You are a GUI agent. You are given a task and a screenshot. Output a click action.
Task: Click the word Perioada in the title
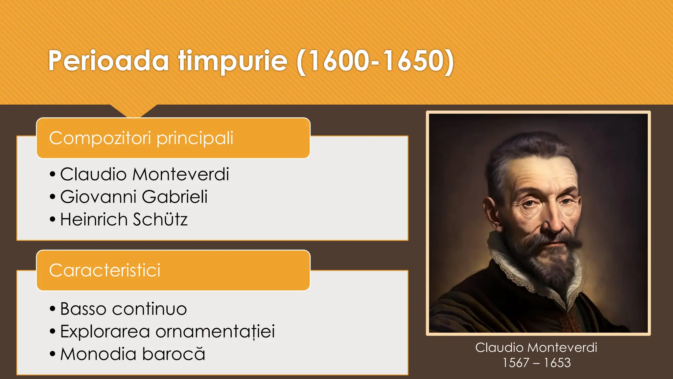[x=108, y=61]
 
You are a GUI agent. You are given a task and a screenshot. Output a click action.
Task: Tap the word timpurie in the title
[x=233, y=61]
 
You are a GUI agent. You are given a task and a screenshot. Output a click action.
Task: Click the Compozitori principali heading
[x=141, y=138]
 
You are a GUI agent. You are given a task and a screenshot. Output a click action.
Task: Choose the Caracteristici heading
[x=105, y=270]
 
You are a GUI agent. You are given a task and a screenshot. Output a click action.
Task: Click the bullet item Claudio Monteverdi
[x=145, y=174]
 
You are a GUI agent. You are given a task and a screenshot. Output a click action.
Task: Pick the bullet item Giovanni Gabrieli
[x=134, y=197]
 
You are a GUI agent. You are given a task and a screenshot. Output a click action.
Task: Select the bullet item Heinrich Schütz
[x=124, y=219]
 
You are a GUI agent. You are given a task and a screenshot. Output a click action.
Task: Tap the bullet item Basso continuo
[x=124, y=309]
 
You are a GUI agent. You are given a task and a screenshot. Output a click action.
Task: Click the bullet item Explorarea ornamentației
[x=168, y=331]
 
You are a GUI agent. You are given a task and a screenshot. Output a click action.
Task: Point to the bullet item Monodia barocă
[x=133, y=354]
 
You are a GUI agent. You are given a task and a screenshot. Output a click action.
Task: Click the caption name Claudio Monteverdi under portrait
[x=536, y=347]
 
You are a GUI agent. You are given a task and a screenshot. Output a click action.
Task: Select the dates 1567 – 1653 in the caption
[x=537, y=363]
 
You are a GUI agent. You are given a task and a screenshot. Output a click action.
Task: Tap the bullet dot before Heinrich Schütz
[x=53, y=219]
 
